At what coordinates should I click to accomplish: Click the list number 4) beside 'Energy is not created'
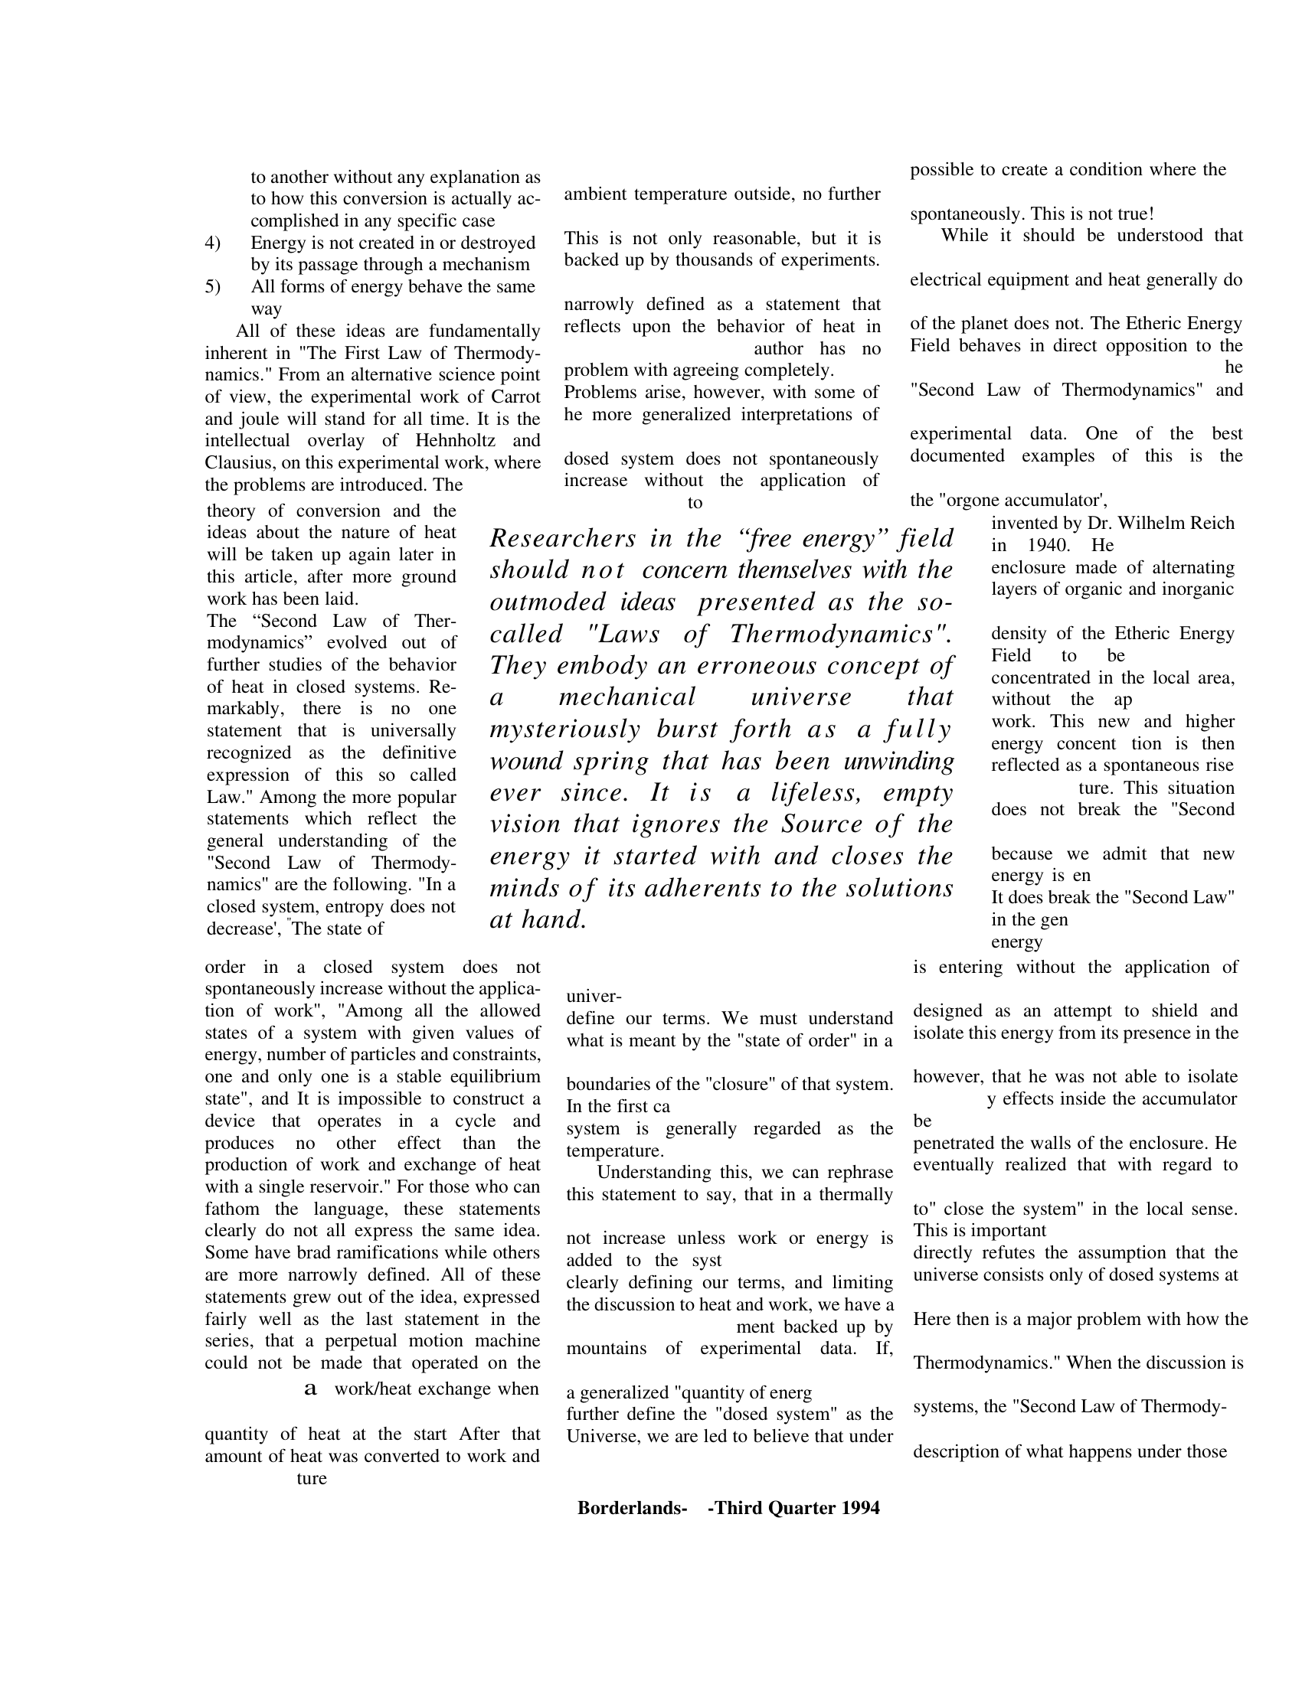212,243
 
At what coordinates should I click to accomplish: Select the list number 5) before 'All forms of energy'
212,288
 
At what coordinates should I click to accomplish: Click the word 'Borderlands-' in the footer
632,1508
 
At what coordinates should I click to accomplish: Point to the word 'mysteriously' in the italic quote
564,729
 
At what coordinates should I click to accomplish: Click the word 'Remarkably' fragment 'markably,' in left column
245,709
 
